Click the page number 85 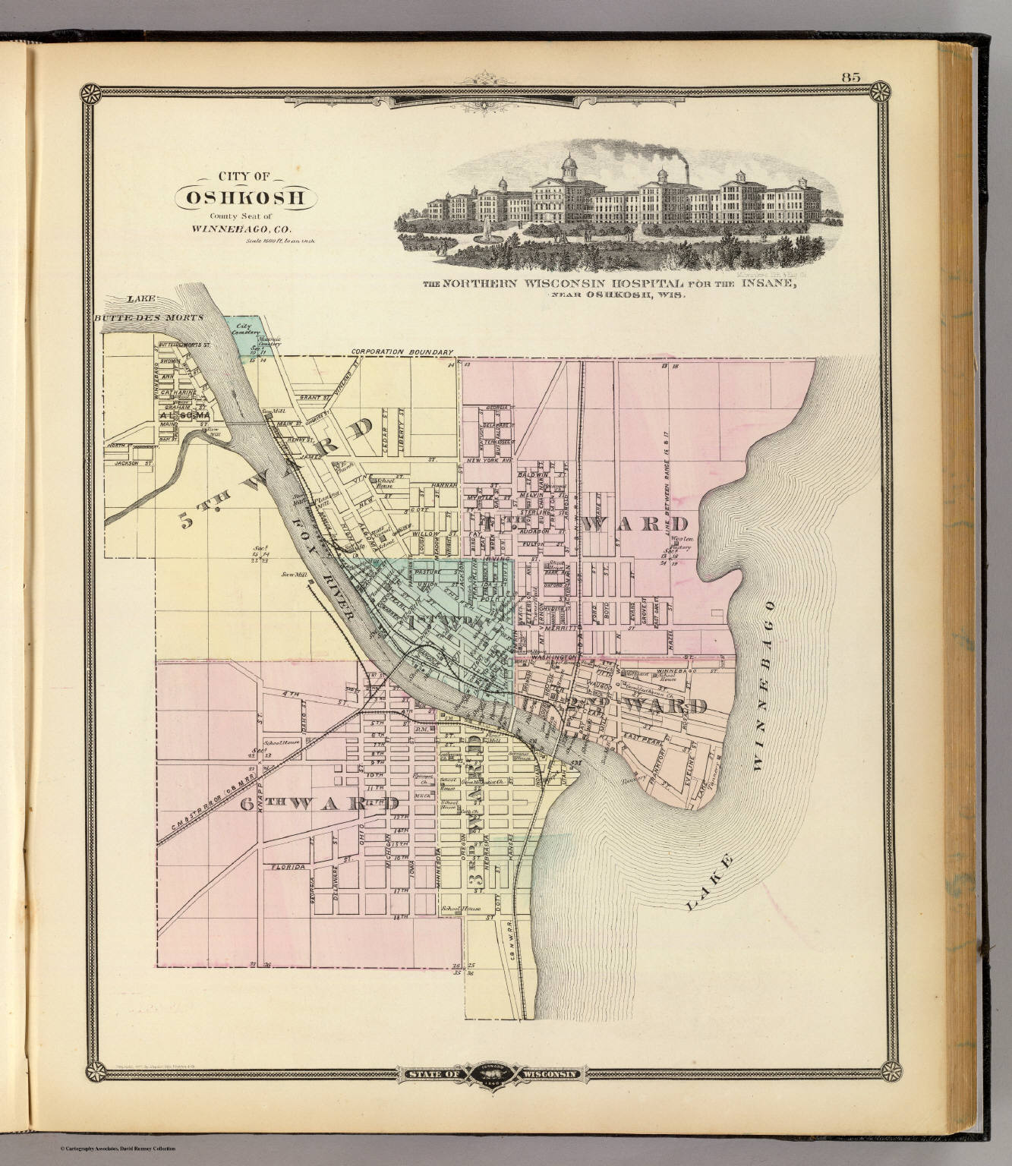click(x=850, y=77)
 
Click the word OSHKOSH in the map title click(x=247, y=198)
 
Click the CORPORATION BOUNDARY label click(x=402, y=352)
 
